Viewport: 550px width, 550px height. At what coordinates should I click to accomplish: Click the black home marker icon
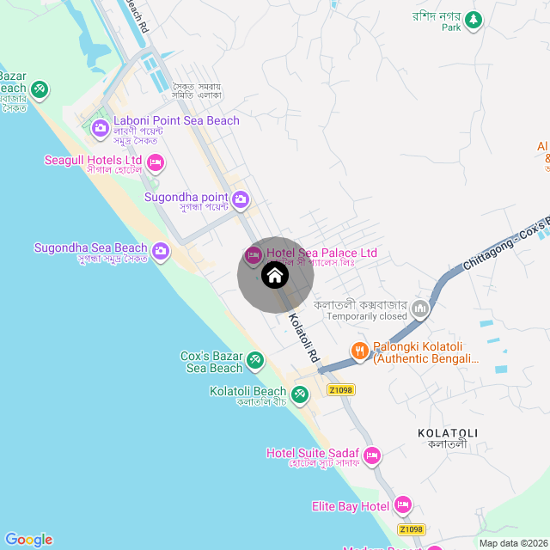[x=274, y=276]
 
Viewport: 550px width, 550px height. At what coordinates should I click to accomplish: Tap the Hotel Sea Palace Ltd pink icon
[x=254, y=254]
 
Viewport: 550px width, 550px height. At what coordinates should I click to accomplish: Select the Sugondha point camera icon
[x=241, y=200]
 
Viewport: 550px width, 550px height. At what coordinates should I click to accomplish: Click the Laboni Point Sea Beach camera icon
[x=101, y=129]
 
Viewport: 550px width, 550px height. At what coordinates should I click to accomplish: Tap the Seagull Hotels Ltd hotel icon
[x=156, y=162]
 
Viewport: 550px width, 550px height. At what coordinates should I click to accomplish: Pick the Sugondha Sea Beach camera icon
[x=162, y=252]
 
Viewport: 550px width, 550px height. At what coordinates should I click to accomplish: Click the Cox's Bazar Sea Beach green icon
[x=255, y=359]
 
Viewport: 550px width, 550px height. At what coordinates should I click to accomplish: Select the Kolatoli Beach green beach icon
[x=299, y=394]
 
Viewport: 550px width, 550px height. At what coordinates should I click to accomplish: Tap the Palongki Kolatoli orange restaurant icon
[x=360, y=351]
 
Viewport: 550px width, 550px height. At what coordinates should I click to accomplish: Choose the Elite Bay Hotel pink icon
[x=404, y=505]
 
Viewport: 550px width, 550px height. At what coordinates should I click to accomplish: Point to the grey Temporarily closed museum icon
[x=421, y=308]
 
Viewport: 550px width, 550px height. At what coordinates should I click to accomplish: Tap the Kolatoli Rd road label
[x=304, y=336]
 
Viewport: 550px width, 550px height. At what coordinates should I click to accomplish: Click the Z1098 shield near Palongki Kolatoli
[x=341, y=389]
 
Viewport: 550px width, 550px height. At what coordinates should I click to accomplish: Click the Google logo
[x=28, y=540]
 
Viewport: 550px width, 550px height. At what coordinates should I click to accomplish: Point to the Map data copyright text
[x=513, y=543]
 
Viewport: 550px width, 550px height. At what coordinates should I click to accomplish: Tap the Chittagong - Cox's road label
[x=503, y=244]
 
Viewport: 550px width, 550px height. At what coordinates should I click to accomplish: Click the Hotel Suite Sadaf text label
[x=314, y=453]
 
